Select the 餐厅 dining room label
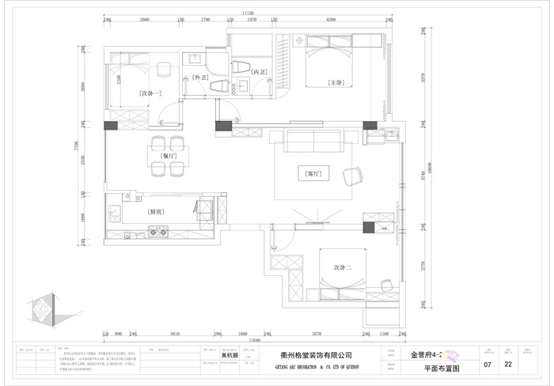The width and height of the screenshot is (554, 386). tap(168, 156)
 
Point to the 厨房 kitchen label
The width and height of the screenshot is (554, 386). tap(154, 211)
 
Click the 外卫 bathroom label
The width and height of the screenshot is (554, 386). tap(200, 78)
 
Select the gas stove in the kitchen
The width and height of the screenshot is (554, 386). tap(159, 231)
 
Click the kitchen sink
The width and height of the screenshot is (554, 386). tap(114, 214)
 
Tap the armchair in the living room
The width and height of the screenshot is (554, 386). tap(349, 176)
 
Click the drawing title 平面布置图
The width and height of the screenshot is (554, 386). tap(442, 368)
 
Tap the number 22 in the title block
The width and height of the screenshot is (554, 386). tap(507, 365)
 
